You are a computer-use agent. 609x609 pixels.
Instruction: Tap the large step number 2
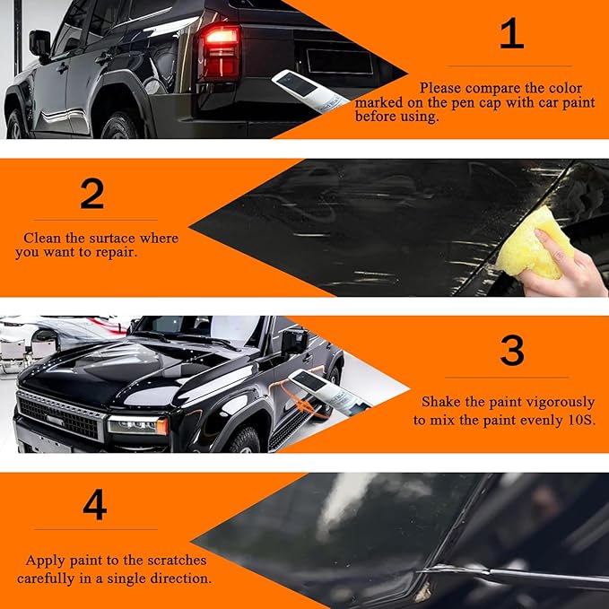tap(91, 193)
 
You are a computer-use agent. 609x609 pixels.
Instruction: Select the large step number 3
tap(511, 351)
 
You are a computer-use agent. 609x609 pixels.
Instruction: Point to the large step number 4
tap(94, 505)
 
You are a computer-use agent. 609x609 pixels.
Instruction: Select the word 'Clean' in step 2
tap(42, 238)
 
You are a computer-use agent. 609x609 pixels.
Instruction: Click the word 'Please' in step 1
tap(439, 88)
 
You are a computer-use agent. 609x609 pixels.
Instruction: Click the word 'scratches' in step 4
tap(163, 561)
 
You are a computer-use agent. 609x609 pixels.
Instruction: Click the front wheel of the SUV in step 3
tap(245, 439)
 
